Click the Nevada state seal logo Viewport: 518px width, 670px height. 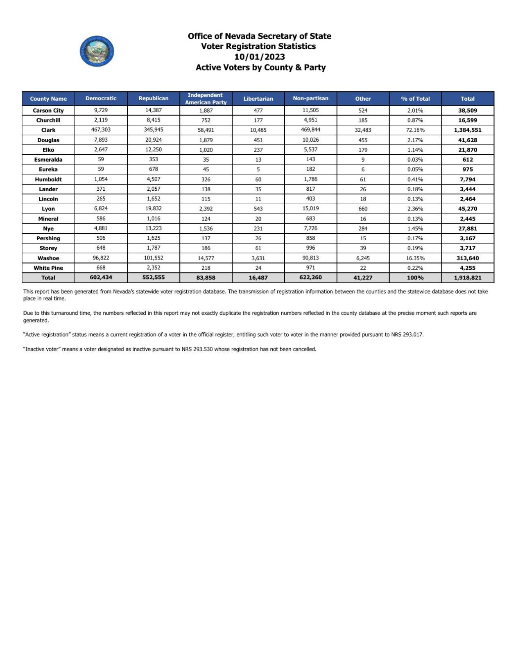click(x=97, y=51)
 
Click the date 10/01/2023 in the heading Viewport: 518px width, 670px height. click(x=260, y=57)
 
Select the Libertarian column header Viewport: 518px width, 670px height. click(x=258, y=99)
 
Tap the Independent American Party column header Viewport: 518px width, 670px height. click(x=206, y=99)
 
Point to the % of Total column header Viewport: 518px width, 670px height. click(x=415, y=99)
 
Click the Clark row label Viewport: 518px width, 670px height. click(x=48, y=130)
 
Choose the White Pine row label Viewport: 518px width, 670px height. click(x=48, y=268)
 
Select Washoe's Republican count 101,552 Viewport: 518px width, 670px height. click(x=154, y=258)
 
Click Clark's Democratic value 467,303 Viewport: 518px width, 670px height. click(x=101, y=130)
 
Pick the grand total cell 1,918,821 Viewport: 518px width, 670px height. click(x=468, y=277)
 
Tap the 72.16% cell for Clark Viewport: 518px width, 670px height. click(x=415, y=130)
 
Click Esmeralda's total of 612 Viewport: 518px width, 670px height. click(x=468, y=160)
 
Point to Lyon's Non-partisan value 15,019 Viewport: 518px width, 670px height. click(x=310, y=208)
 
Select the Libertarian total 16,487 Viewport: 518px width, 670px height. click(x=258, y=277)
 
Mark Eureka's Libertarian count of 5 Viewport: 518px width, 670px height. click(x=258, y=169)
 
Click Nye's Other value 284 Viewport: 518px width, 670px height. click(x=363, y=229)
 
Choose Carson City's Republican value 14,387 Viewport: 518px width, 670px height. click(x=154, y=110)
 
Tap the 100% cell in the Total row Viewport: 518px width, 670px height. click(x=415, y=277)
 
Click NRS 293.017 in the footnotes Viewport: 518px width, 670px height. click(x=407, y=334)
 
